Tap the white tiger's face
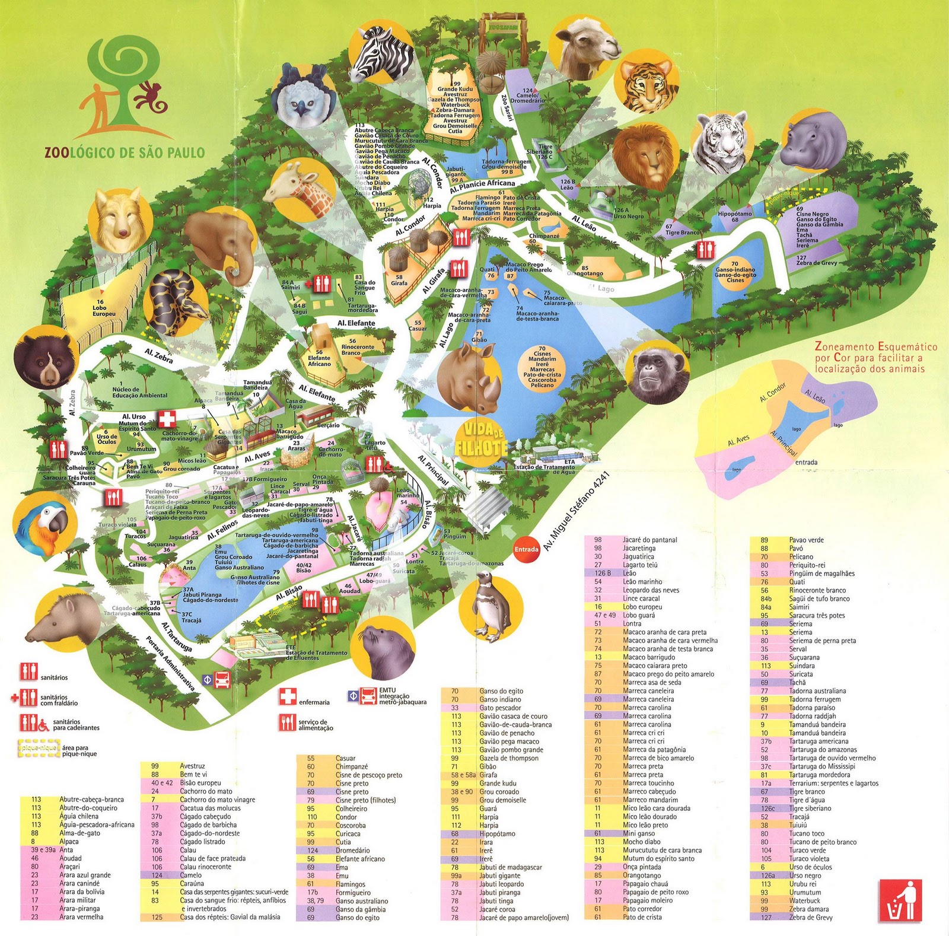(721, 144)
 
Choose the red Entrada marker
(526, 549)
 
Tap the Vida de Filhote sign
(482, 439)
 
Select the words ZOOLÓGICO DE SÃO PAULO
(125, 152)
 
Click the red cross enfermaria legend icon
(288, 696)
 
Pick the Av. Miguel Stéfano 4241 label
(577, 512)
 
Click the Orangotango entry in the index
(642, 875)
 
